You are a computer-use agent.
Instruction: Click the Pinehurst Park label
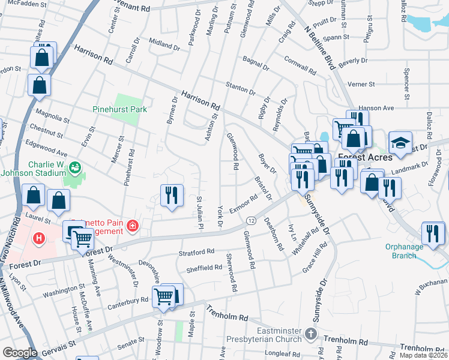[120, 110]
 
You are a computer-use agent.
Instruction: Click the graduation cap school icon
[400, 142]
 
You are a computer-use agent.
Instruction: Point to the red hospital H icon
[40, 239]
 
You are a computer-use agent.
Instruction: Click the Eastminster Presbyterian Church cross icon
[310, 333]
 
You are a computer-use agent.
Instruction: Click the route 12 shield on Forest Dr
[250, 220]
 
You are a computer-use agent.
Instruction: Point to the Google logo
[19, 353]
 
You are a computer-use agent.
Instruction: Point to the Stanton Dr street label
[240, 88]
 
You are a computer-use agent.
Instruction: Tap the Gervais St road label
[59, 346]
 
